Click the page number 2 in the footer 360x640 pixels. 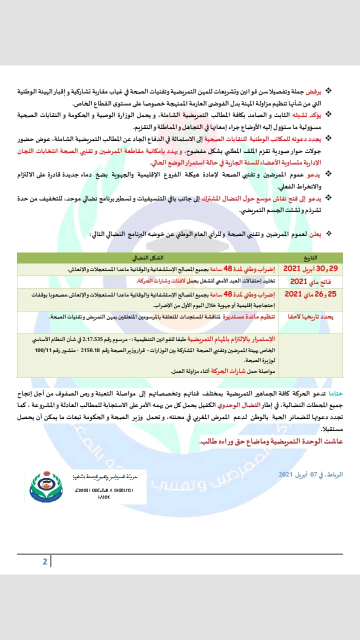coord(45,561)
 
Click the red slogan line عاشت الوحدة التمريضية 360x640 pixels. coord(271,442)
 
